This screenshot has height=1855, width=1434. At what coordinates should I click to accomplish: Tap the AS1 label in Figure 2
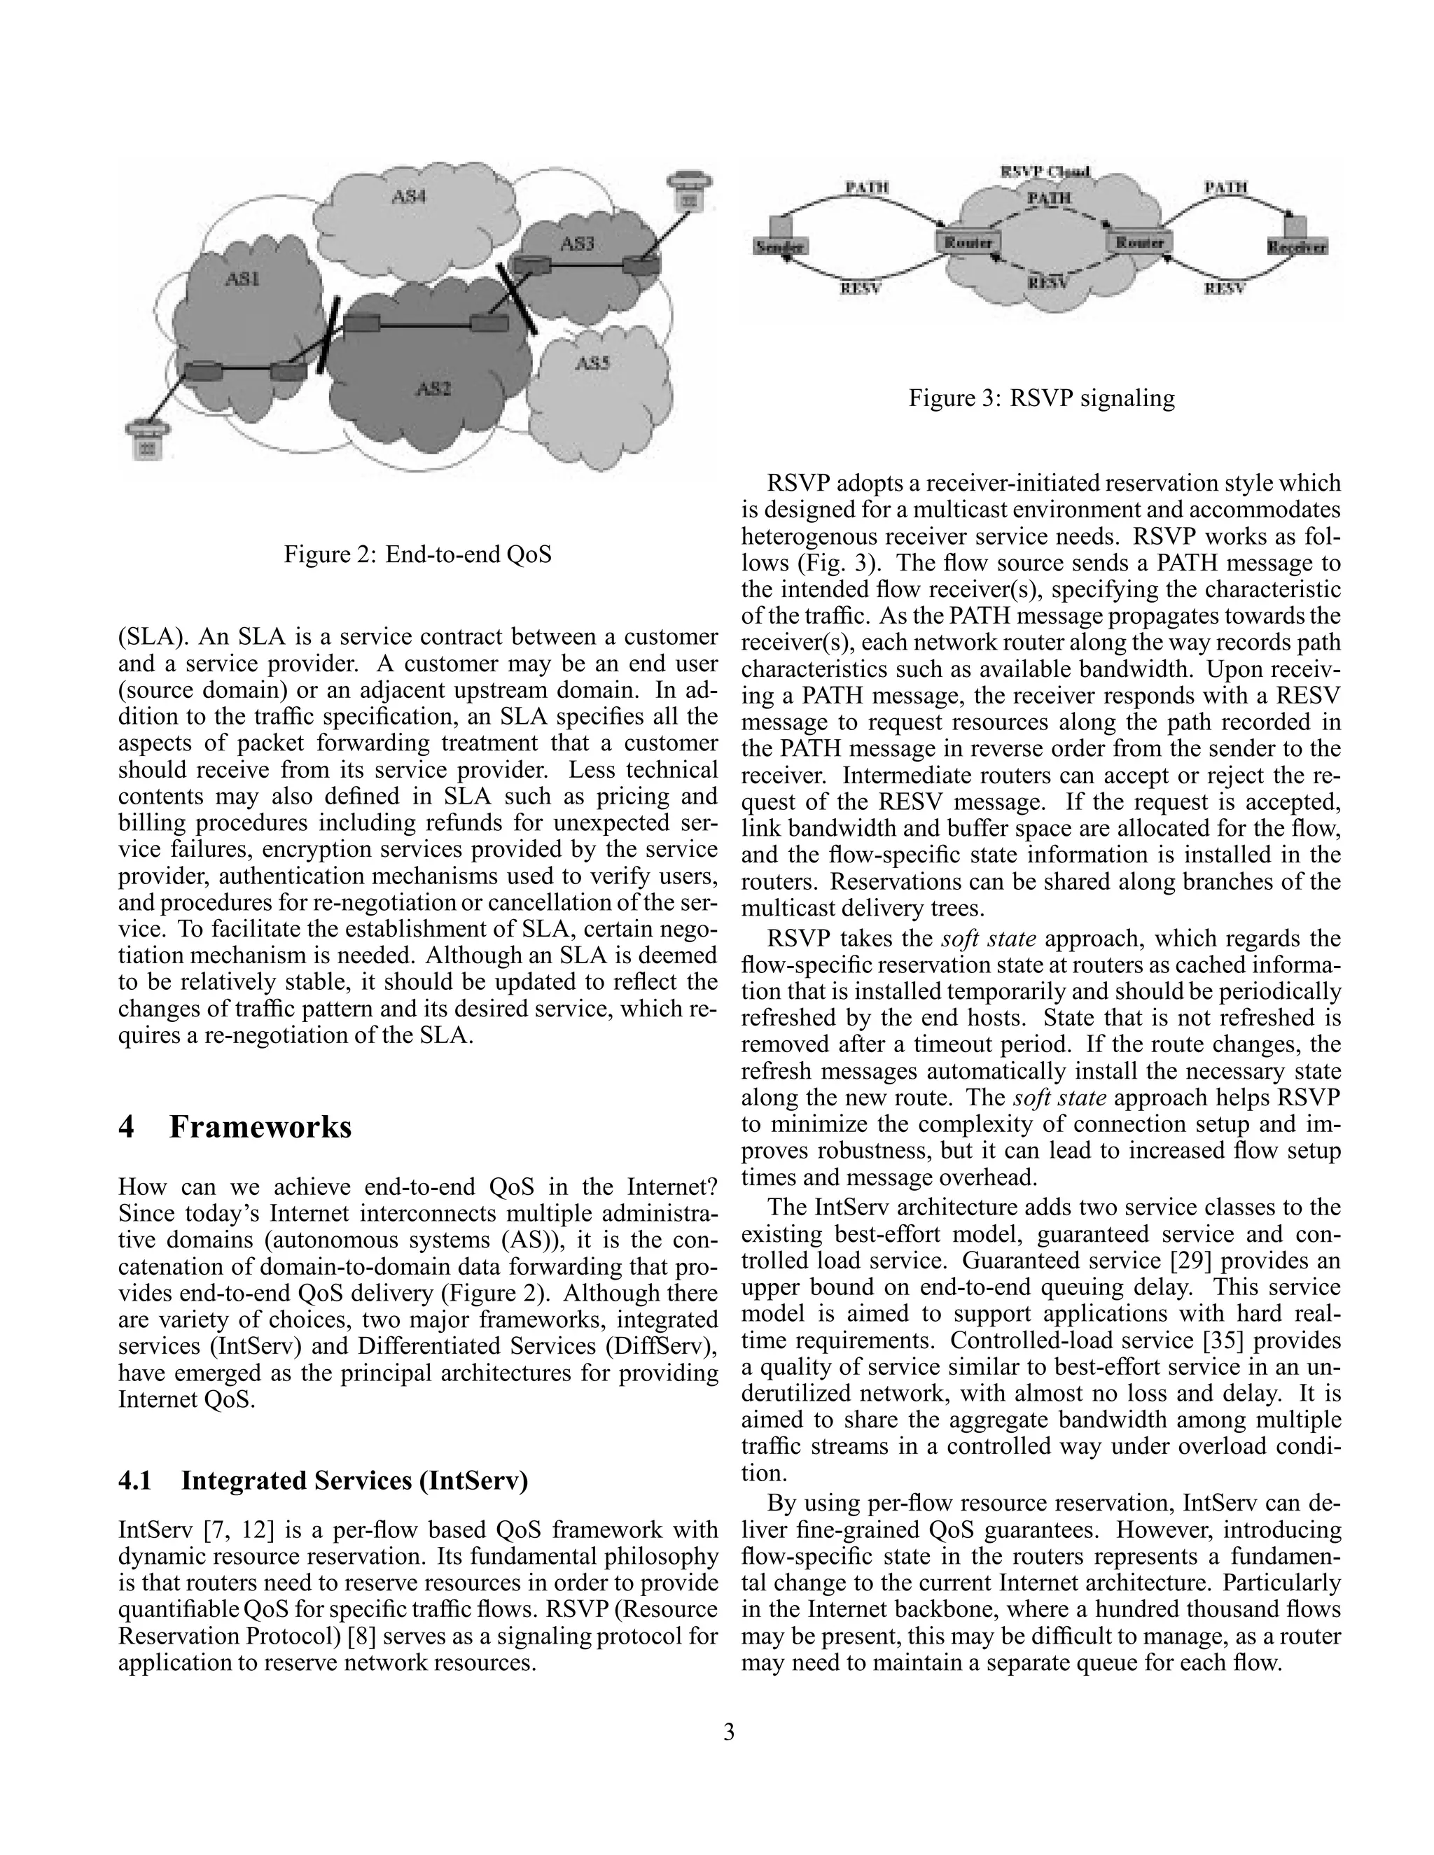[242, 278]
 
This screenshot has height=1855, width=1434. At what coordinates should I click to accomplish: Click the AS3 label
[577, 244]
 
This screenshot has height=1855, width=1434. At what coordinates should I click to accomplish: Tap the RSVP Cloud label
[1045, 171]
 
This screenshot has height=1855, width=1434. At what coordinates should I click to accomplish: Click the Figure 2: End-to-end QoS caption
[417, 554]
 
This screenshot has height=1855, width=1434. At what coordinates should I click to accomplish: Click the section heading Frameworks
[260, 1127]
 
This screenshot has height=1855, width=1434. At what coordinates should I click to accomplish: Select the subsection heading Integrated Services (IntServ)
[354, 1480]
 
